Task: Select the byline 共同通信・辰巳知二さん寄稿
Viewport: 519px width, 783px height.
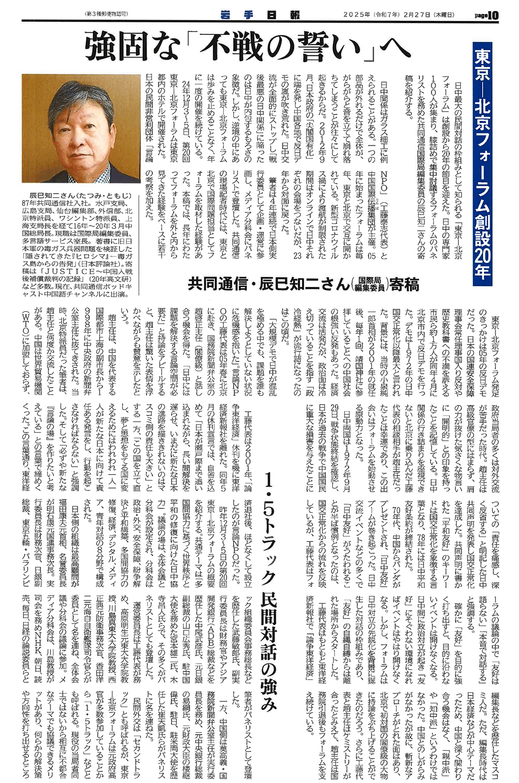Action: click(303, 285)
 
